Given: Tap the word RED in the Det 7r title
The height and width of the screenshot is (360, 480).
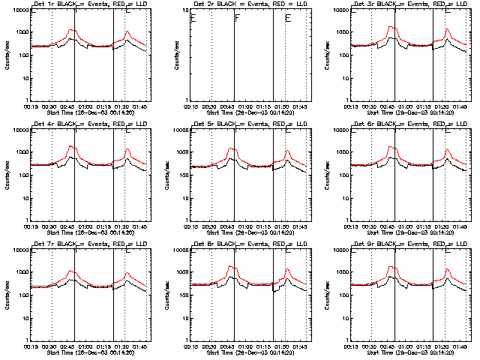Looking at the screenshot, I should [x=122, y=244].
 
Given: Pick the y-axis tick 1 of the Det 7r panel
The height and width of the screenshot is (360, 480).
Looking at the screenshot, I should [x=26, y=339].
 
